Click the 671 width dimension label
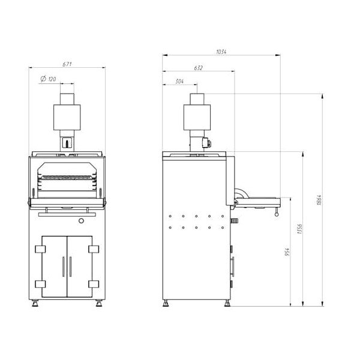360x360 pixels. pos(67,64)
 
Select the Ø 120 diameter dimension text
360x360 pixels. pos(48,79)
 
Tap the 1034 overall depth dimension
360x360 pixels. pos(221,52)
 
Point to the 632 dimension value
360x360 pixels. pos(199,68)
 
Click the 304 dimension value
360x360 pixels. pos(179,81)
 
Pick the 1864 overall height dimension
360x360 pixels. pos(319,200)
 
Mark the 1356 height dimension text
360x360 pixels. pos(300,229)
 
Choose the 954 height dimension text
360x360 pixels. pos(287,252)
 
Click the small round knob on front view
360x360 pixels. pos(81,221)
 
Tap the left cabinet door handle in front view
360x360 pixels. pos(63,266)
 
